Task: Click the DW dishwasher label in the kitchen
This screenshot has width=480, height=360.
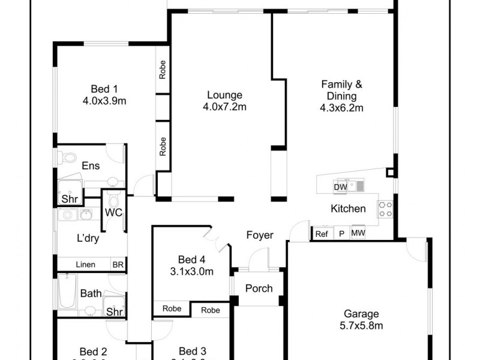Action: tap(340, 187)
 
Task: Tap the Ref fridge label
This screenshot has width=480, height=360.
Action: tap(321, 234)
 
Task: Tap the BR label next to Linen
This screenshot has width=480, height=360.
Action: tap(118, 265)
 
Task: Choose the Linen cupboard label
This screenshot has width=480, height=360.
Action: tap(85, 265)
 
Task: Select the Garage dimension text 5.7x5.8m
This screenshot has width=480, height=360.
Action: tap(361, 326)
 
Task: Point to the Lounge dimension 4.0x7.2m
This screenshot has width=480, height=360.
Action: tap(225, 107)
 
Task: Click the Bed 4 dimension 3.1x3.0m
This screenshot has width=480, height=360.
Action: tap(191, 272)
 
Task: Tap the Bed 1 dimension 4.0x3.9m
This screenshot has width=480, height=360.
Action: tap(104, 101)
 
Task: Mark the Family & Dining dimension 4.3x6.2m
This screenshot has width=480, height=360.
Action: tap(343, 109)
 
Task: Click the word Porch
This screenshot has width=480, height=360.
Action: tap(259, 289)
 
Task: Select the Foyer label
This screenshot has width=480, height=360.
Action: tap(260, 235)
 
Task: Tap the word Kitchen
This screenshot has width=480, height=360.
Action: tap(348, 209)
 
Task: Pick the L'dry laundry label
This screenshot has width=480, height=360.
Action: tap(87, 238)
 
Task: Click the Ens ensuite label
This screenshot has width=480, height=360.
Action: tap(90, 166)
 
